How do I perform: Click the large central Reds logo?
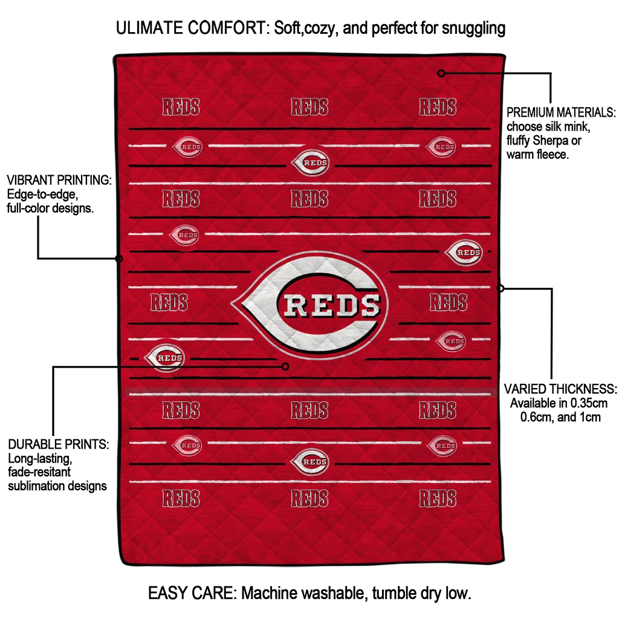310,305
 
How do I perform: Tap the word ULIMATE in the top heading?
150,28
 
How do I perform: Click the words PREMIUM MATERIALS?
561,112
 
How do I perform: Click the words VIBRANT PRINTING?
59,180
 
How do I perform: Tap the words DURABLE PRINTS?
59,444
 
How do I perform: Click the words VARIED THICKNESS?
560,389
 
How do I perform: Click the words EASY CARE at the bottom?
192,593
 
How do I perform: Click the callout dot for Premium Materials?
441,73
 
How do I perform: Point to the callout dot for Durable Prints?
285,366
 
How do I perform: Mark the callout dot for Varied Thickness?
500,288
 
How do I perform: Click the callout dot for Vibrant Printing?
119,259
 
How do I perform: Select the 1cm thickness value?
589,417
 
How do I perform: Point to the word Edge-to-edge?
43,195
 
